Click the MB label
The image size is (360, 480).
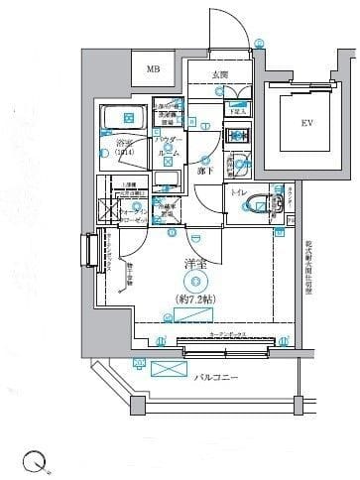(153, 69)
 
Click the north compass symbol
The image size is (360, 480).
(33, 460)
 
